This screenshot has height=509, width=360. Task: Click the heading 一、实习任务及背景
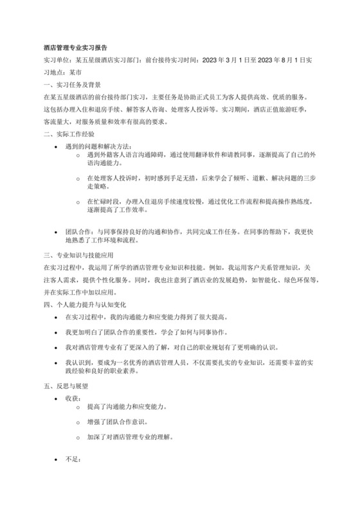(x=71, y=84)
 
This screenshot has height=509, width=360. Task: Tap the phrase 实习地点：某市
(x=62, y=72)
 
